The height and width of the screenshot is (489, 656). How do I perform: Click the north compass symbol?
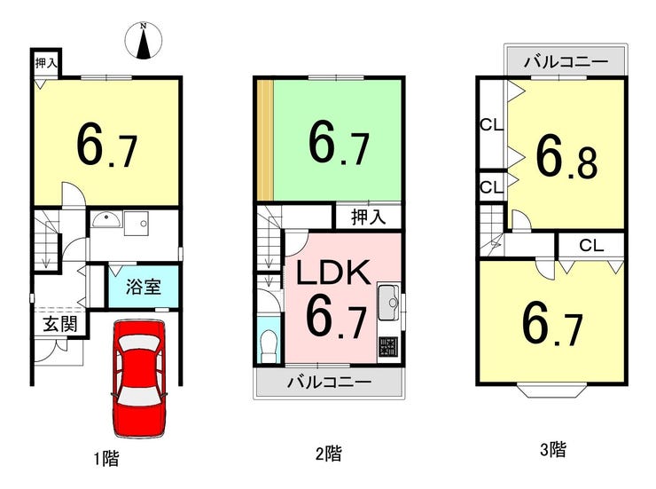pos(144,40)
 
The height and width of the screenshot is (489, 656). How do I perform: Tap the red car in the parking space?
pos(139,378)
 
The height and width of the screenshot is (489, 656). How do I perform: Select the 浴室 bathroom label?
pos(144,287)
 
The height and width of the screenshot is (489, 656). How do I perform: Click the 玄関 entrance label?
pos(60,324)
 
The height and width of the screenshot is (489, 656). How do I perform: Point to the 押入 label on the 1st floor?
pos(46,64)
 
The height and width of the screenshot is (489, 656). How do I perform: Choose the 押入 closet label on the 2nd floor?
pos(368,217)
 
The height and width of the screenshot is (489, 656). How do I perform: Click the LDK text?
pos(333,272)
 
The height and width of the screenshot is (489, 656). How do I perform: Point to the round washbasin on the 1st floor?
pos(107,219)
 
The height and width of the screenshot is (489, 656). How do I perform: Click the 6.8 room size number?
pos(566,157)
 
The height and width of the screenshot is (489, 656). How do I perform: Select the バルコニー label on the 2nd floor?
pos(329,383)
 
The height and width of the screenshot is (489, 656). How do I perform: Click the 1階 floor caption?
pos(106,458)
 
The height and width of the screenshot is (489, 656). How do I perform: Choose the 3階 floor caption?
pos(553,450)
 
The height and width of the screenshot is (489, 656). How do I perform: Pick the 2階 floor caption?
pos(329,454)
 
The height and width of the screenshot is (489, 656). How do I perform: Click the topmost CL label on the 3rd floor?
pos(492,125)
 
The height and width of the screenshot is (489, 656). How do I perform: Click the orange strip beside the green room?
pos(265,140)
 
